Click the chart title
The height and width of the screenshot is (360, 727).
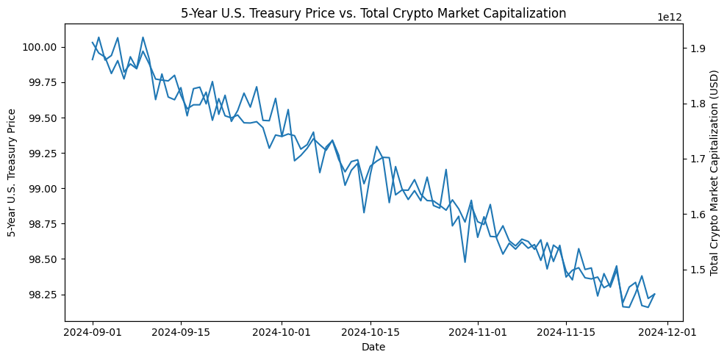pos(373,12)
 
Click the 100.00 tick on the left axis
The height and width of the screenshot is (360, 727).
pos(43,47)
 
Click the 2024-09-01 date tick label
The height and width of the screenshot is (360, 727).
pos(93,333)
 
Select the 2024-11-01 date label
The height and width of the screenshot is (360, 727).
pos(478,333)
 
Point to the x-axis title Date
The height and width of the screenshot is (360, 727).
pos(373,347)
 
